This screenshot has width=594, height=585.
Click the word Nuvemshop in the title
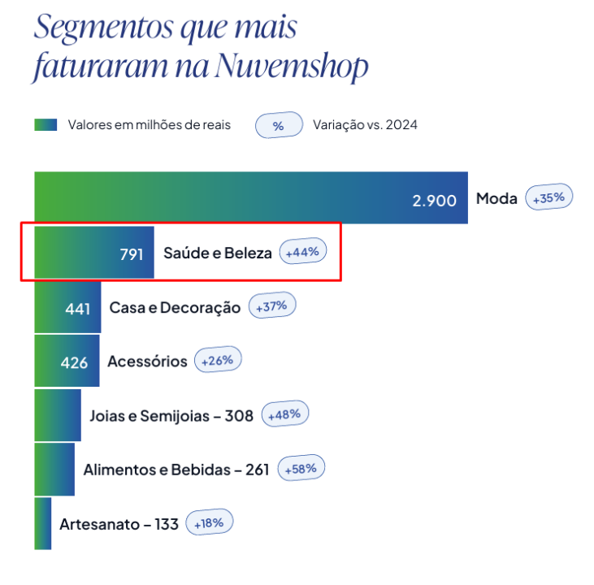click(x=293, y=67)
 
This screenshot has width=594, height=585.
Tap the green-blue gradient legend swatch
click(x=46, y=125)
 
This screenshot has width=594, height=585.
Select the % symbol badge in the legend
click(x=278, y=126)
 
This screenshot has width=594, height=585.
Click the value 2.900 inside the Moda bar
click(x=434, y=200)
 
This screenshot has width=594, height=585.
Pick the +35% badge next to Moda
click(x=549, y=197)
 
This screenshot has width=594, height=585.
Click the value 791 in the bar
click(x=132, y=254)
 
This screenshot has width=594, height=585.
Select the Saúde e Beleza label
click(x=217, y=253)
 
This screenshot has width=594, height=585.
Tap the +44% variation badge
click(x=302, y=253)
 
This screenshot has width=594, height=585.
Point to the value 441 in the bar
click(x=77, y=309)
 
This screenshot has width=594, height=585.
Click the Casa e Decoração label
click(x=175, y=308)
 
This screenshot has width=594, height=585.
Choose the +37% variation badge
click(x=272, y=306)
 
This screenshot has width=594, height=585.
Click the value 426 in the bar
click(x=74, y=362)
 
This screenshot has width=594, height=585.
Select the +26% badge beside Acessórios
click(x=217, y=360)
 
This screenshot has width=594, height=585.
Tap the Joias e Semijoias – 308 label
click(x=171, y=416)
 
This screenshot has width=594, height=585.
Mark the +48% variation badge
click(x=284, y=414)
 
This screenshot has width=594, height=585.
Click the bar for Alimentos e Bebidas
click(x=54, y=470)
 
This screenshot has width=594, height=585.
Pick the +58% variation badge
click(x=301, y=469)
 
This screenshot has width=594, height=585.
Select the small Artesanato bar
click(x=42, y=524)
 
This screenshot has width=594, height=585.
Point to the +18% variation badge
click(x=210, y=523)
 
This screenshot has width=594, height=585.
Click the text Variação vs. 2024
click(x=365, y=125)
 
